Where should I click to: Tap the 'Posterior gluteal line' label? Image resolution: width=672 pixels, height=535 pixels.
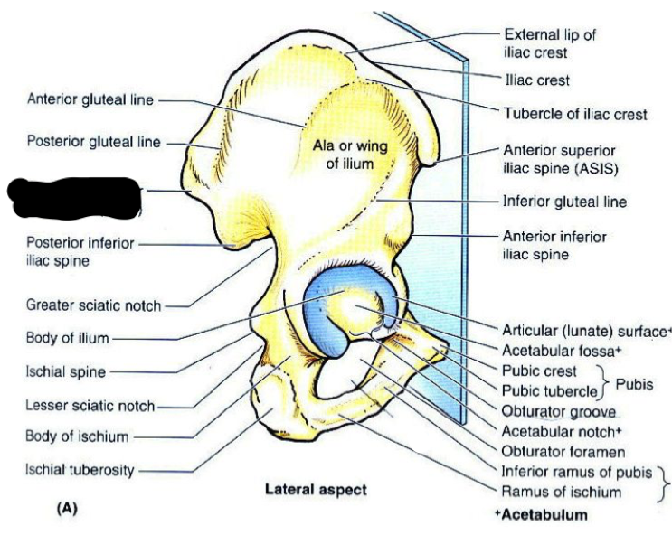pyautogui.click(x=94, y=142)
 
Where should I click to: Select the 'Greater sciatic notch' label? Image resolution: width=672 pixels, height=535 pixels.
pyautogui.click(x=94, y=305)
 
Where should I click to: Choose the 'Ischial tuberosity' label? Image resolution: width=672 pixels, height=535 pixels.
pyautogui.click(x=80, y=470)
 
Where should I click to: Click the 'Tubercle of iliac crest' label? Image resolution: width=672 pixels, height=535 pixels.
pyautogui.click(x=574, y=115)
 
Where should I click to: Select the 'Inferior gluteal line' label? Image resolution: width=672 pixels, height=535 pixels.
pyautogui.click(x=564, y=202)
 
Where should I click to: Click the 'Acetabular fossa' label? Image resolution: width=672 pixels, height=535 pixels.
pyautogui.click(x=552, y=350)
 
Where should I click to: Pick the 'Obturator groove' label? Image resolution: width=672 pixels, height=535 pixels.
pyautogui.click(x=552, y=411)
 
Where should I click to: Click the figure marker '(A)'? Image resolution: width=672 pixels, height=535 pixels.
pyautogui.click(x=68, y=508)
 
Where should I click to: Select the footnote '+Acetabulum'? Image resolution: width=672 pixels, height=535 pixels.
pyautogui.click(x=541, y=514)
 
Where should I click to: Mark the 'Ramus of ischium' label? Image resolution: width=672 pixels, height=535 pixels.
pyautogui.click(x=562, y=492)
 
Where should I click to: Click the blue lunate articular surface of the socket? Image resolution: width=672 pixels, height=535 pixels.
pyautogui.click(x=321, y=321)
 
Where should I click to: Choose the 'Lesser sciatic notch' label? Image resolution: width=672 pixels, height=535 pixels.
pyautogui.click(x=90, y=406)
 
